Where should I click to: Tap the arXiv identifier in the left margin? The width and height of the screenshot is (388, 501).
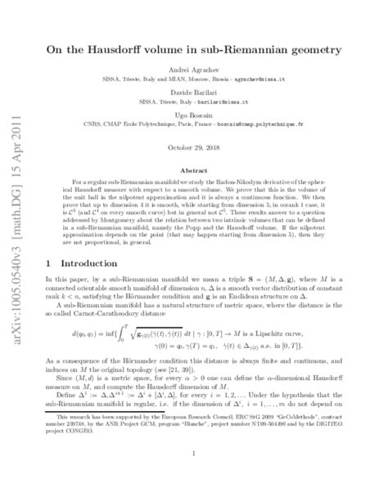click(x=16, y=245)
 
